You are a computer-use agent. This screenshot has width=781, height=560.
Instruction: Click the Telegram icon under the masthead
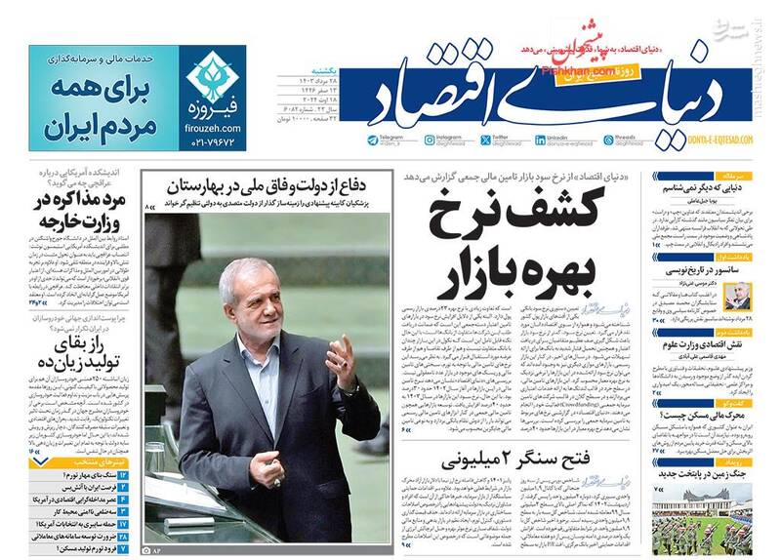click(x=373, y=140)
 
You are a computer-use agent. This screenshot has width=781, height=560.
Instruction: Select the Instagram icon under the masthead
click(x=430, y=140)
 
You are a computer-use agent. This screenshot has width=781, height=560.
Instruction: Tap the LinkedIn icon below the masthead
click(x=544, y=140)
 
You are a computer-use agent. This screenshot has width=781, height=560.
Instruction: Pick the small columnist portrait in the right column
click(x=739, y=295)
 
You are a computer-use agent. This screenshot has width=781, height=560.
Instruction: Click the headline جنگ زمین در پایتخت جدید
click(x=701, y=472)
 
